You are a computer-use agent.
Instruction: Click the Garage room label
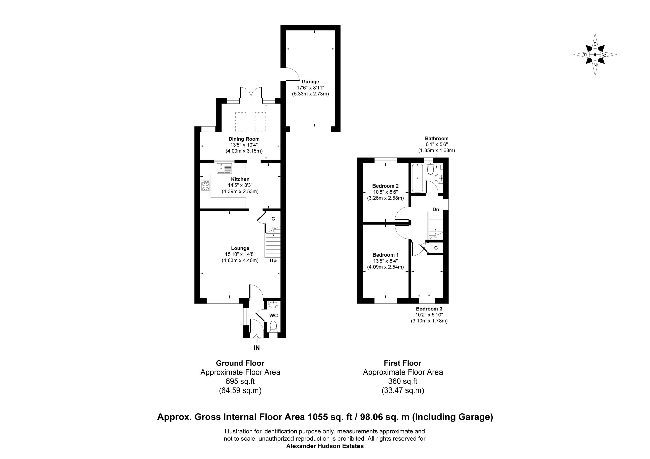(x=310, y=82)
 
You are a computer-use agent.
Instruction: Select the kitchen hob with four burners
(x=205, y=186)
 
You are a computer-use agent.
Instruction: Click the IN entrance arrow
(x=257, y=339)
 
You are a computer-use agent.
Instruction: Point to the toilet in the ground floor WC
(x=273, y=326)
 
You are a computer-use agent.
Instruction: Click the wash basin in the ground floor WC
(x=273, y=304)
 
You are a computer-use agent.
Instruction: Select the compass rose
(x=595, y=54)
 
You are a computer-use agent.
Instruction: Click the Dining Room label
(x=244, y=139)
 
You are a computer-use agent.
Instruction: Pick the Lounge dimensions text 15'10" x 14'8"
(x=240, y=254)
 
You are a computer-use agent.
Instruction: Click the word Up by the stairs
(x=273, y=260)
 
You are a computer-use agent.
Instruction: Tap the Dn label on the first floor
(x=436, y=209)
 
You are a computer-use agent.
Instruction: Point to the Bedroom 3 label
(x=429, y=309)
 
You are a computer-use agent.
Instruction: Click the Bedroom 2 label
(x=386, y=186)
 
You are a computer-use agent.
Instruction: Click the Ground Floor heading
(x=240, y=363)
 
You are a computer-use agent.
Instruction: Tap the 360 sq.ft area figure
(x=403, y=381)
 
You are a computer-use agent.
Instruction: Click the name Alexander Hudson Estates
(x=325, y=446)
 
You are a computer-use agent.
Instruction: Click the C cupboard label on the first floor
(x=436, y=248)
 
